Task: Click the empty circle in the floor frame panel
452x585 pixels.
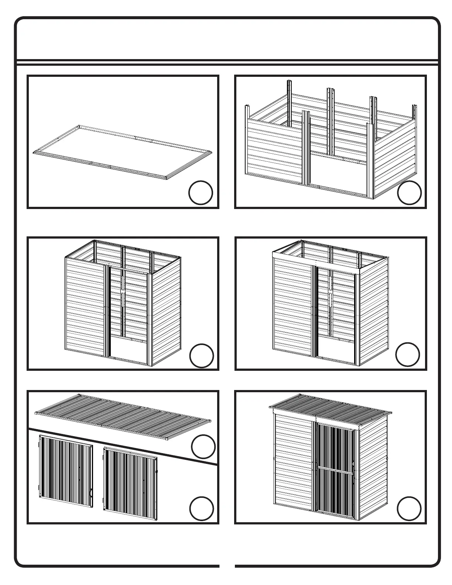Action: pos(201,192)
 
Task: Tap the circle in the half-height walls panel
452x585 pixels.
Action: pos(409,192)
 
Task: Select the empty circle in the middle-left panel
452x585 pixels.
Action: pos(201,356)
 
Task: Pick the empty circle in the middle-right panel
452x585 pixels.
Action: pos(407,355)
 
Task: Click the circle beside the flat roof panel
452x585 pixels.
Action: pos(203,447)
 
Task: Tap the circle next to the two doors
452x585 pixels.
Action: pos(201,509)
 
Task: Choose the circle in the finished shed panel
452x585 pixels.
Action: pos(409,509)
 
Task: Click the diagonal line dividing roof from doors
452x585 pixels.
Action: pos(122,446)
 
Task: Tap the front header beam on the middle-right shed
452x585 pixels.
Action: pos(316,260)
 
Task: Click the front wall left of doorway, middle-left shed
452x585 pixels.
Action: pos(85,307)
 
